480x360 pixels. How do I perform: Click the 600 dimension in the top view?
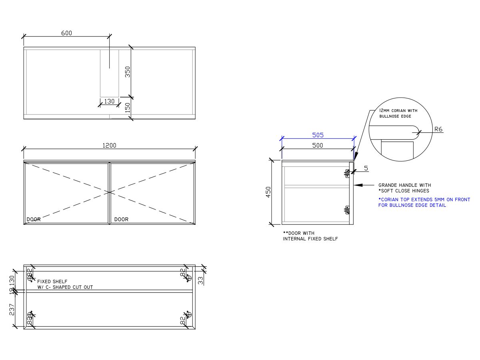(66, 33)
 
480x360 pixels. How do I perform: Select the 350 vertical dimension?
(128, 72)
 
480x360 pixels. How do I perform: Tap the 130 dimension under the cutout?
(109, 102)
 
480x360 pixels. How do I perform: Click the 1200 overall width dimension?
(109, 146)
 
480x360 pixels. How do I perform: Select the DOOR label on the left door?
(34, 219)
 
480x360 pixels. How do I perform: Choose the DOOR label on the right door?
(121, 219)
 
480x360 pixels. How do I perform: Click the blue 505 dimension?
(318, 135)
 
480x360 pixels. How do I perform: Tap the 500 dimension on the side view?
(318, 146)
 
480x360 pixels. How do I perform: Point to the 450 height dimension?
(268, 192)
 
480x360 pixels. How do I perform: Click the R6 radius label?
(439, 130)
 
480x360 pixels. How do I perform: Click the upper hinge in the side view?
(347, 173)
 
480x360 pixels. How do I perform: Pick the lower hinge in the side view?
(347, 209)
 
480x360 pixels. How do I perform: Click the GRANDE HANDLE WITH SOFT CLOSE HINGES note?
(404, 188)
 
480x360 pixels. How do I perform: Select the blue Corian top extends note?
(424, 202)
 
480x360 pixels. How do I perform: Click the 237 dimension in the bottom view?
(12, 309)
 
